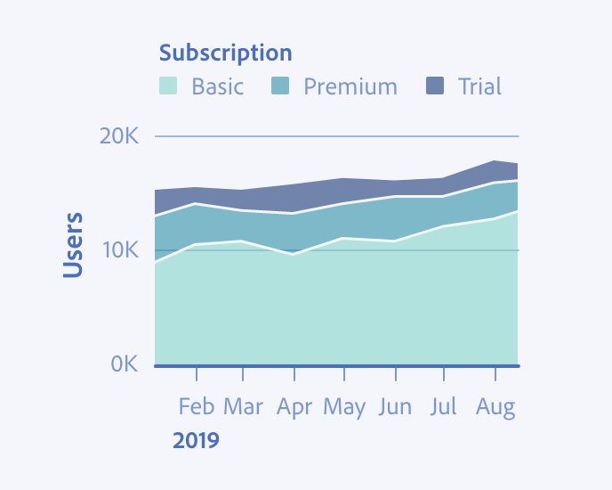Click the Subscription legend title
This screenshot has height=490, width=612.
point(225,53)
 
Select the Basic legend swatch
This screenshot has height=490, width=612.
point(168,86)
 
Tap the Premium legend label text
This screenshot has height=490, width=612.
point(350,86)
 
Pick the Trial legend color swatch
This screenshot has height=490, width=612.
point(435,86)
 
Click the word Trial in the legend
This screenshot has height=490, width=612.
point(479,86)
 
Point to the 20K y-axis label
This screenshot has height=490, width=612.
point(119,136)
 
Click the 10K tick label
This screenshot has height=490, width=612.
point(119,250)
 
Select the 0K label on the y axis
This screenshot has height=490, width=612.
point(124,363)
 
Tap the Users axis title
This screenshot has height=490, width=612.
point(74,244)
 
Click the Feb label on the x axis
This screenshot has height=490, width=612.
point(197,407)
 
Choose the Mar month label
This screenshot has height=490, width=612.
point(243,407)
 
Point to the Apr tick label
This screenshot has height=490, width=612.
point(294,407)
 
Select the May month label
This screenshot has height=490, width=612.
point(344,407)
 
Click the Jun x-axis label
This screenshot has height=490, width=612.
point(395,407)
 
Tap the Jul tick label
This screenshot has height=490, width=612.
point(443,407)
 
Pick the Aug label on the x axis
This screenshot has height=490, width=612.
point(495,407)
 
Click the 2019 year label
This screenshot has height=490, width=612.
point(196,440)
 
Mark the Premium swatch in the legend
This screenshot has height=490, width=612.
point(280,86)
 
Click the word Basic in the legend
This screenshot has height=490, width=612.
point(217,86)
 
